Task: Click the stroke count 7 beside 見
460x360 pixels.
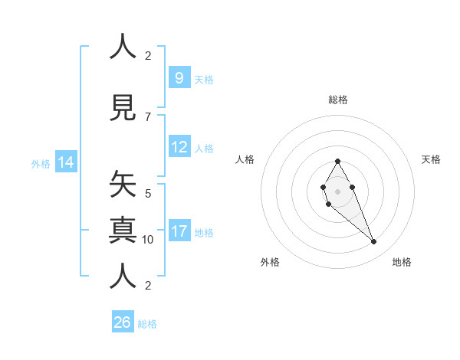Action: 148,116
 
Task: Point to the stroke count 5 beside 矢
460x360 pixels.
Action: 148,193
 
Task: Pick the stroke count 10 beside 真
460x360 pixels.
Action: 148,240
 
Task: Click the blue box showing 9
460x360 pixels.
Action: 179,77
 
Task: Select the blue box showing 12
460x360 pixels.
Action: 179,147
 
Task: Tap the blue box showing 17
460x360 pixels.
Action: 179,231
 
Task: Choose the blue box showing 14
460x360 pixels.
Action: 66,162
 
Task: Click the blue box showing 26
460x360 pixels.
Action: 123,322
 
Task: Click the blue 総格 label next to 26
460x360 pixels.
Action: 147,324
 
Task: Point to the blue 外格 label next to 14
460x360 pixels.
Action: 41,163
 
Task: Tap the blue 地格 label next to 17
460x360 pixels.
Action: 204,233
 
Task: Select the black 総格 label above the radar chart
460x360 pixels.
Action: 338,100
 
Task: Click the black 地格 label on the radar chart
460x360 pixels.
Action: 402,262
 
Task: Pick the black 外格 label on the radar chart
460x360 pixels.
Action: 270,262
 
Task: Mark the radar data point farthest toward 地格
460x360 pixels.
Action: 374,242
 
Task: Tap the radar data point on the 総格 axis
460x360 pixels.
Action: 337,161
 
